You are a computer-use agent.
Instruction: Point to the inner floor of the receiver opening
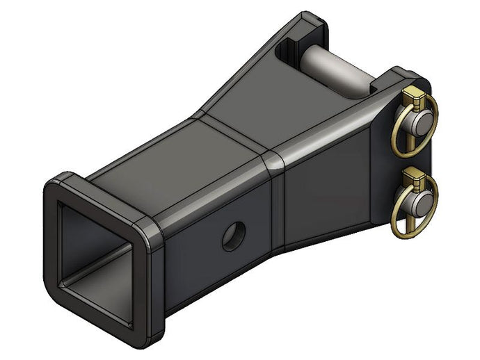(104, 285)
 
